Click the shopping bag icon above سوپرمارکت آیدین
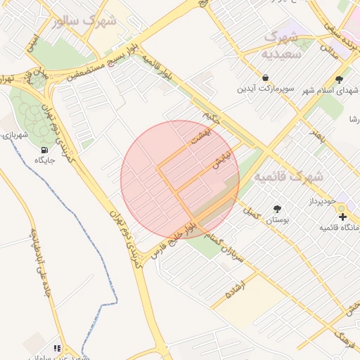tap(265, 77)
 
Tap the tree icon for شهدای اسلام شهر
tap(340, 79)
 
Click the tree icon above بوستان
tap(277, 209)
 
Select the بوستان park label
tap(277, 221)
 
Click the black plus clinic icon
tap(342, 217)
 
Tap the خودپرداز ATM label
tap(323, 202)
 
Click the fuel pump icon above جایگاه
tap(45, 150)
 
